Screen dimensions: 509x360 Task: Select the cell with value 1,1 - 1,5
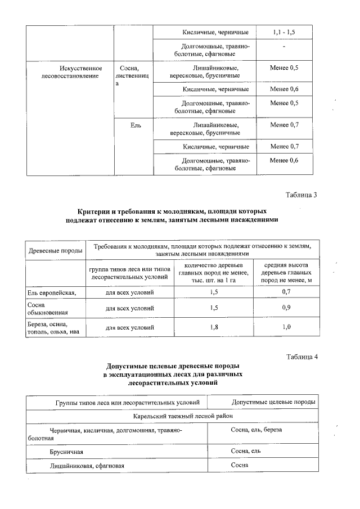point(284,32)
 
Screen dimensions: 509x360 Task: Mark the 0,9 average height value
point(286,308)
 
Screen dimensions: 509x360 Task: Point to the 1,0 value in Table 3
point(286,327)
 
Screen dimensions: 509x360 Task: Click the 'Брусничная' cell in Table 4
point(66,452)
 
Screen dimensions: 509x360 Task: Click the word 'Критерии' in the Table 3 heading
point(97,210)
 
